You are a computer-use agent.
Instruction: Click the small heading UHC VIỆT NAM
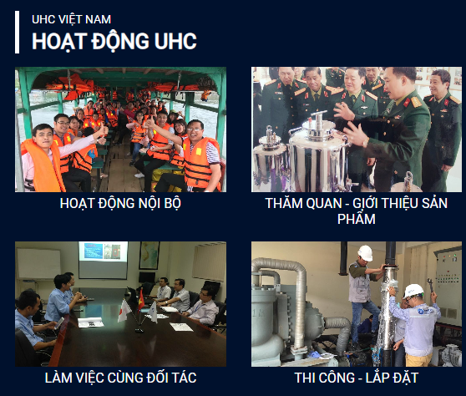point(71,19)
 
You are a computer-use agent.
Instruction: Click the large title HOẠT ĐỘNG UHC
point(114,41)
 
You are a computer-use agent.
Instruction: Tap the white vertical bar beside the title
point(17,32)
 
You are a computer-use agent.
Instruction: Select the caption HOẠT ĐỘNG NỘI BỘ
point(120,204)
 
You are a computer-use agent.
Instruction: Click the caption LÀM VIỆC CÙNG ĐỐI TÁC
point(120,378)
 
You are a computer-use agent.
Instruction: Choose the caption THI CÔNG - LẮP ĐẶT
point(357,378)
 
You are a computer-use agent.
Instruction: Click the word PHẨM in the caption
point(357,219)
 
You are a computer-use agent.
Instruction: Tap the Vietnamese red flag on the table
point(140,300)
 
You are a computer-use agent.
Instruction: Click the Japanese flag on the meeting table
point(124,311)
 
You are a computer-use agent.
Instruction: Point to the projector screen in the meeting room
point(103,260)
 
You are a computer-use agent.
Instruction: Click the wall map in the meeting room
point(149,256)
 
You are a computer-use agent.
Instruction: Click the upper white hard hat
point(365,253)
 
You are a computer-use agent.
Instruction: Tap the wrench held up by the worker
point(430,285)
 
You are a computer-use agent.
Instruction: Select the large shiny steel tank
point(317,155)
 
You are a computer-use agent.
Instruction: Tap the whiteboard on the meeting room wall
point(38,263)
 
